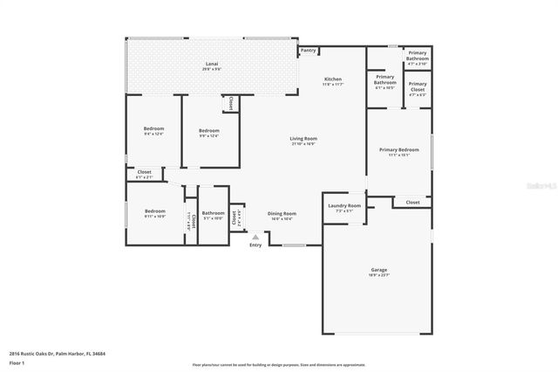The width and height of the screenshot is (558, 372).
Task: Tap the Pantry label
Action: click(x=309, y=51)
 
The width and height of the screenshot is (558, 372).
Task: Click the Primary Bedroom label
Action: click(x=399, y=149)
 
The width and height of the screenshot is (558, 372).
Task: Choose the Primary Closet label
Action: click(x=418, y=84)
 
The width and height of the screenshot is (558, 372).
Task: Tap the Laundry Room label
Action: click(x=344, y=206)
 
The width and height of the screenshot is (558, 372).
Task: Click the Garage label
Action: click(x=379, y=270)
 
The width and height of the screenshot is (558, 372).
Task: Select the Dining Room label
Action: click(x=282, y=213)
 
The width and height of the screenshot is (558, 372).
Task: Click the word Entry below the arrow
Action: click(x=255, y=245)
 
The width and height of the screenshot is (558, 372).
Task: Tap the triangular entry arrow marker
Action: click(x=255, y=237)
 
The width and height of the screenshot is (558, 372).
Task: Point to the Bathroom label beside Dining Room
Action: click(x=214, y=213)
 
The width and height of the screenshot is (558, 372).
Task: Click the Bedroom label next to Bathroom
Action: click(x=155, y=210)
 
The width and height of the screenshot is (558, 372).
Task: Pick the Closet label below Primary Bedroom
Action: click(x=412, y=202)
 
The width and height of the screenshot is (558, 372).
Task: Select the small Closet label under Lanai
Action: click(x=229, y=102)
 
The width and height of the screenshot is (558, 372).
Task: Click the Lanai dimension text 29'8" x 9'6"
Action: click(x=211, y=71)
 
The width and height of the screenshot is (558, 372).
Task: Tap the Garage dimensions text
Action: click(x=379, y=275)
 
